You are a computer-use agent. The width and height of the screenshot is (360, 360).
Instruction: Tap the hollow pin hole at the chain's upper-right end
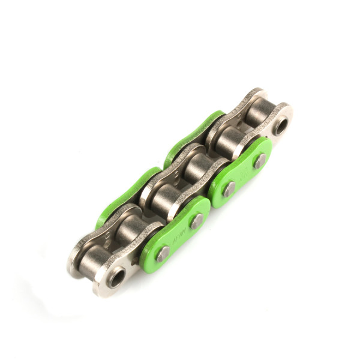tap(280, 126)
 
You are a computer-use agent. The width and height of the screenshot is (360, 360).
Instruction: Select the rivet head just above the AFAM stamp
tap(197, 221)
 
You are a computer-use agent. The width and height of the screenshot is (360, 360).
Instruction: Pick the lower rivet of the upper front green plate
tap(229, 189)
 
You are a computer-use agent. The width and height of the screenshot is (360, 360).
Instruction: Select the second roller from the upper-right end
tap(227, 141)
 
